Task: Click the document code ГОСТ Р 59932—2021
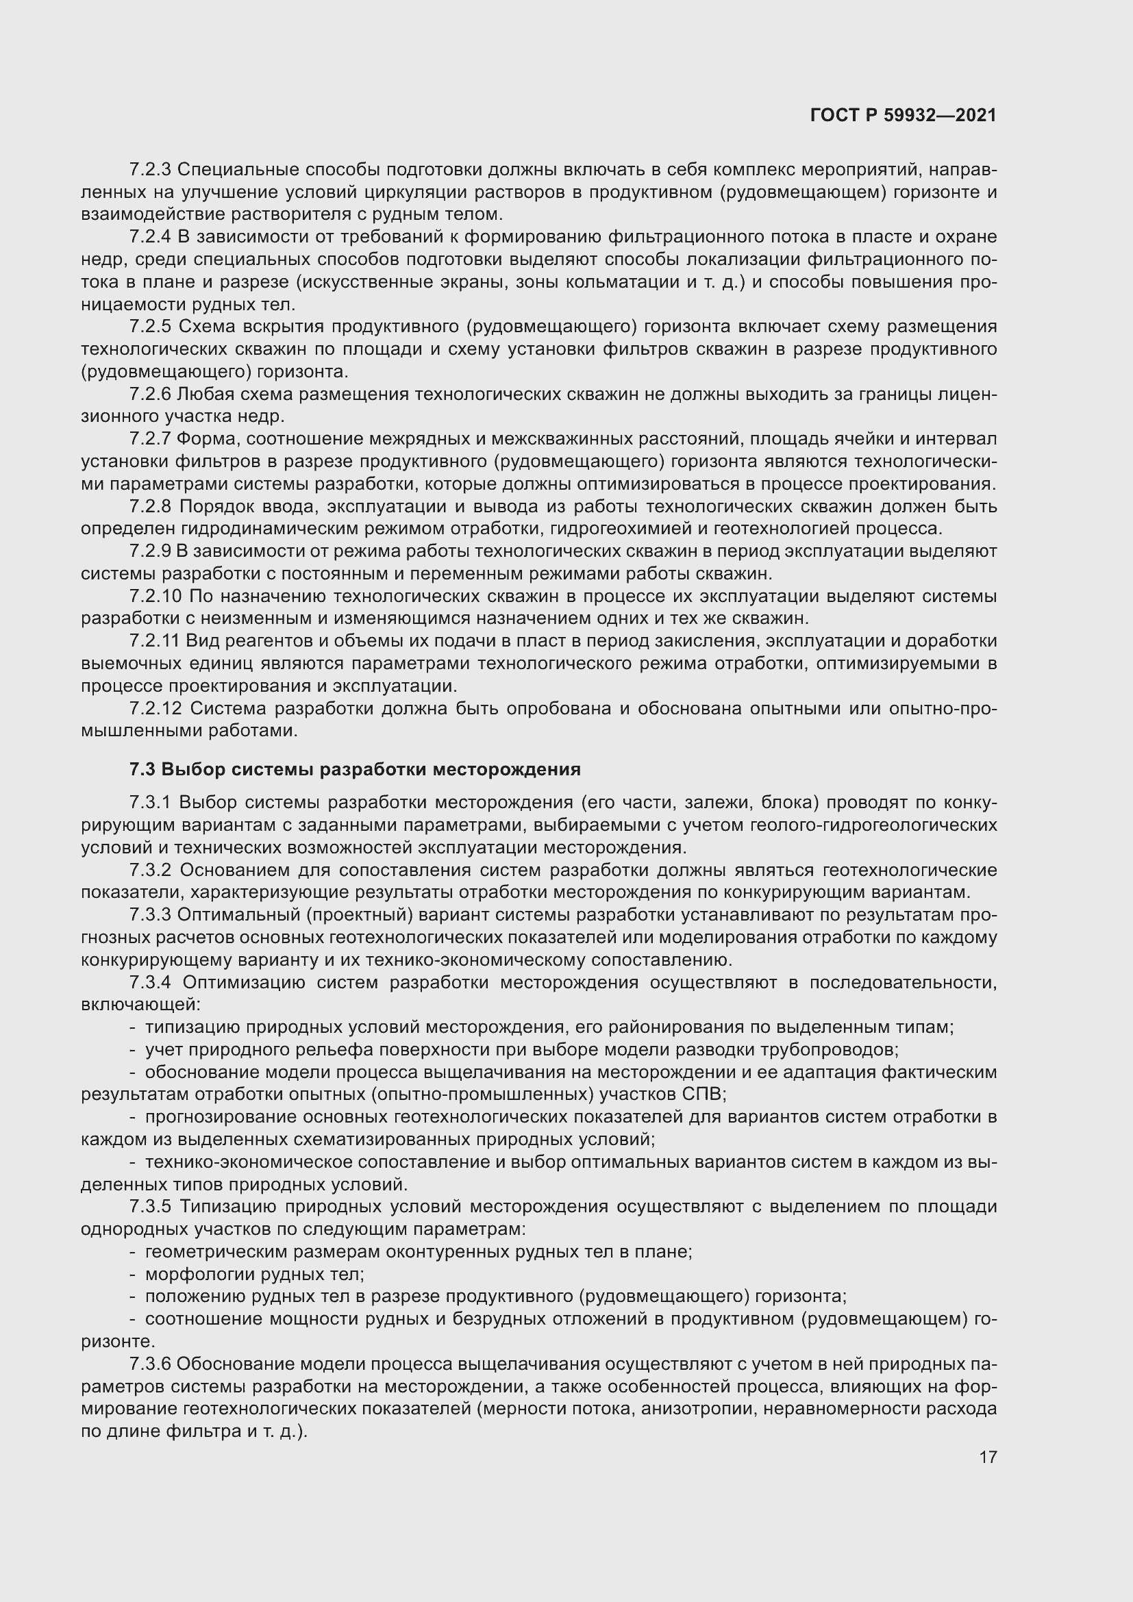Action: coord(904,115)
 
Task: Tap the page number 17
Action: coord(988,1457)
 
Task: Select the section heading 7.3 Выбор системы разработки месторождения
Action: coord(354,769)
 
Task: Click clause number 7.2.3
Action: coord(150,170)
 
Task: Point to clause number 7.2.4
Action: coord(150,237)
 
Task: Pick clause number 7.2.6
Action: coord(150,395)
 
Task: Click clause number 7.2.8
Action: coord(150,506)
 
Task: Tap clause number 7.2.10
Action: coord(155,596)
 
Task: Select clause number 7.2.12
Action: coord(155,708)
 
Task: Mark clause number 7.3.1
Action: coord(150,803)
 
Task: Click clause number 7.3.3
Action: coord(150,915)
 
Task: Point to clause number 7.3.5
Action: coord(150,1206)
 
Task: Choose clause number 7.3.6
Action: coord(150,1364)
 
